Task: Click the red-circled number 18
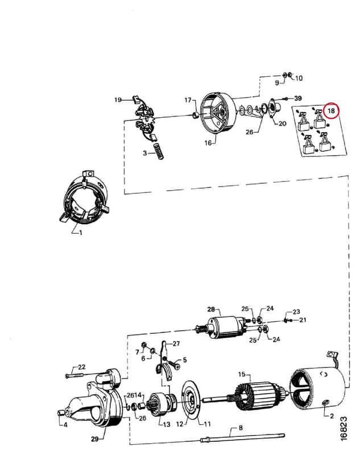pyautogui.click(x=331, y=110)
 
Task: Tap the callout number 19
pyautogui.click(x=118, y=100)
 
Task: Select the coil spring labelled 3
pyautogui.click(x=158, y=151)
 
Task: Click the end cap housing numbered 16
pyautogui.click(x=218, y=114)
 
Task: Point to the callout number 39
pyautogui.click(x=298, y=98)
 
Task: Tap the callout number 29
pyautogui.click(x=95, y=439)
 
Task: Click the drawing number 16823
pyautogui.click(x=344, y=429)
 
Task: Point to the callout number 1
pyautogui.click(x=80, y=233)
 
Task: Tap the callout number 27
pyautogui.click(x=176, y=344)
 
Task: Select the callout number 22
pyautogui.click(x=81, y=367)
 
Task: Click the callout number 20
pyautogui.click(x=282, y=123)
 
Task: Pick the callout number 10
pyautogui.click(x=299, y=78)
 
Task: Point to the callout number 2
pyautogui.click(x=332, y=416)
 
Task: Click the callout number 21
pyautogui.click(x=303, y=320)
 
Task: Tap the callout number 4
pyautogui.click(x=65, y=425)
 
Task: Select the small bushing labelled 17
pyautogui.click(x=196, y=115)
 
